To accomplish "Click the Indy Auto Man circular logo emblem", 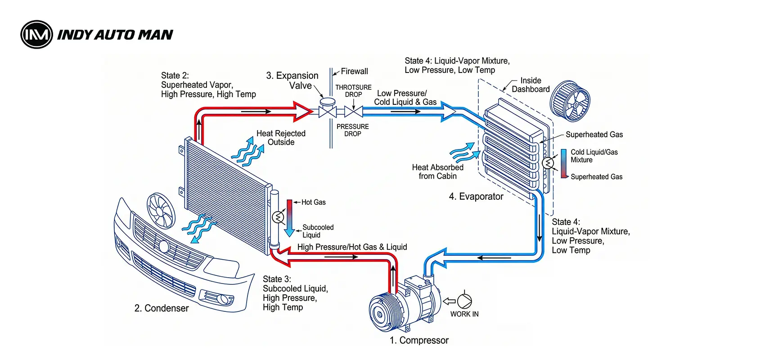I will (36, 34).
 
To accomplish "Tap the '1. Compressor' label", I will (419, 341).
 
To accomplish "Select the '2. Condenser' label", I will (162, 308).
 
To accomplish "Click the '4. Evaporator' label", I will (476, 197).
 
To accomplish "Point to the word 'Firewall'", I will (354, 72).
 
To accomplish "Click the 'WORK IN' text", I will (464, 314).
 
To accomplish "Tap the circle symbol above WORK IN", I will (464, 301).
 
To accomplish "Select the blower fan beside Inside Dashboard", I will (570, 101).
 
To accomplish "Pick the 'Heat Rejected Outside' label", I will (281, 138).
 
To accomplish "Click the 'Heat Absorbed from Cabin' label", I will (437, 172).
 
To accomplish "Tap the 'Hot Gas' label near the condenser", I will (313, 202).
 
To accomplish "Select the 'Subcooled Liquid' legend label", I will (317, 231).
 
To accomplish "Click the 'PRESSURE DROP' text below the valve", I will (352, 130).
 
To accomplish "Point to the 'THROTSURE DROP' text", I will (353, 91).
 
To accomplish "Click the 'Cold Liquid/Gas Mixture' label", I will (594, 156).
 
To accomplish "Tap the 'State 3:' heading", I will (277, 279).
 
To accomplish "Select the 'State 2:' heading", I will (175, 76).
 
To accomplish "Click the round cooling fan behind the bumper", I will (161, 210).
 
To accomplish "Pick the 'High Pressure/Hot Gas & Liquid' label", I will (352, 247).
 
